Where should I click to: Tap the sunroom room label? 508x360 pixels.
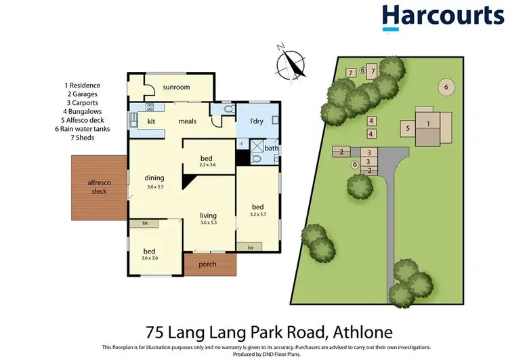pyautogui.click(x=176, y=87)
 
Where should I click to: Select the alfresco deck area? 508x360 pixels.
pyautogui.click(x=98, y=187)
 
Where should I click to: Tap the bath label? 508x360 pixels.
pyautogui.click(x=271, y=148)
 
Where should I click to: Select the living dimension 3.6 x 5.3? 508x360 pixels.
pyautogui.click(x=209, y=223)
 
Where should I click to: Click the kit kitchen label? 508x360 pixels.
pyautogui.click(x=151, y=121)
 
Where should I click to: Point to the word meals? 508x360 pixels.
pyautogui.click(x=188, y=121)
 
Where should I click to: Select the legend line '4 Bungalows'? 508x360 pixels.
pyautogui.click(x=83, y=111)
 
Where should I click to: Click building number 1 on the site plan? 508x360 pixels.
pyautogui.click(x=428, y=123)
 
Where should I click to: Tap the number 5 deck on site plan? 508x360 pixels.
pyautogui.click(x=408, y=127)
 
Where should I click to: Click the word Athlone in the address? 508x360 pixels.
pyautogui.click(x=365, y=332)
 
